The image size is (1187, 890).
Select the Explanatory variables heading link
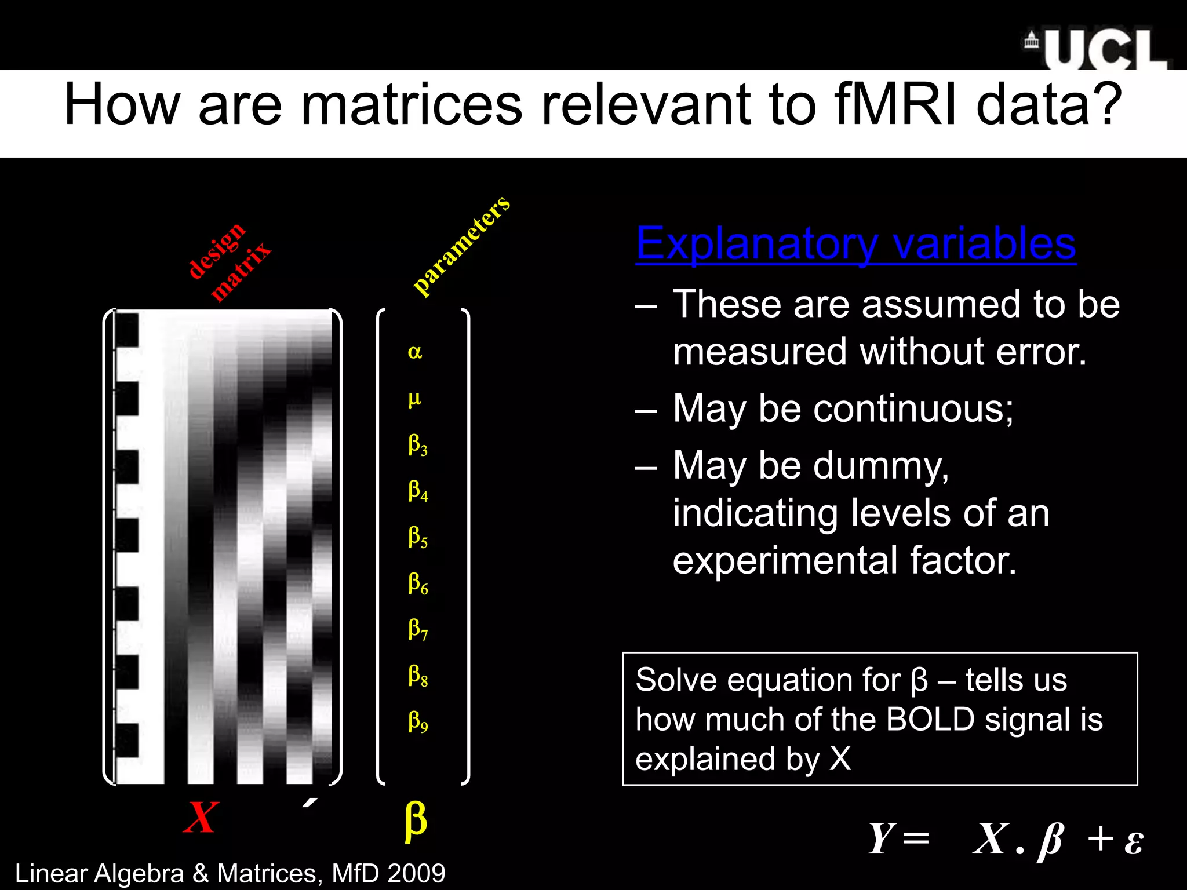[x=855, y=243]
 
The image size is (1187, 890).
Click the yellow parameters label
[x=461, y=246]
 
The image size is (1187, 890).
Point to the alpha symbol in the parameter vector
[x=415, y=352]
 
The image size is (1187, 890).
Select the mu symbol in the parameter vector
[x=414, y=399]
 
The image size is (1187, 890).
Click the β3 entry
[x=417, y=445]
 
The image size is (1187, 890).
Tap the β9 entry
[x=417, y=721]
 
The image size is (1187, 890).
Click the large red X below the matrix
[x=201, y=818]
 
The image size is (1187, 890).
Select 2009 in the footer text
[x=416, y=873]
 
